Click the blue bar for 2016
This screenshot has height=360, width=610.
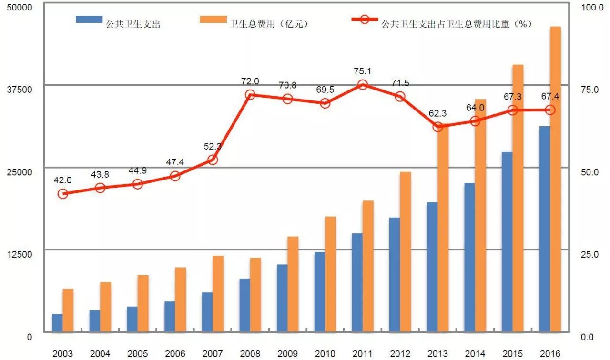click(544, 229)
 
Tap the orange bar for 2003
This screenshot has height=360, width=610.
click(68, 310)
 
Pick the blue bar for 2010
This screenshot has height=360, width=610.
click(320, 291)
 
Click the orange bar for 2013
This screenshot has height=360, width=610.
click(443, 229)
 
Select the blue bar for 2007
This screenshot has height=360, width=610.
click(207, 312)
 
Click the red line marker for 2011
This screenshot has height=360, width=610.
click(363, 85)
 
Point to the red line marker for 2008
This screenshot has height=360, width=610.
click(250, 95)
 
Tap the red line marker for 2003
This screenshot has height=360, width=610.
click(63, 194)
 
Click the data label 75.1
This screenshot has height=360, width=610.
click(363, 71)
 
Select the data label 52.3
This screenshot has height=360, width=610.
click(213, 147)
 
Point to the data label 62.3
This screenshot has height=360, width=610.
click(437, 113)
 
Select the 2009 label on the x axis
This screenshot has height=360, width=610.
click(287, 353)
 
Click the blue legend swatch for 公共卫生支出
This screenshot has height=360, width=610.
click(89, 20)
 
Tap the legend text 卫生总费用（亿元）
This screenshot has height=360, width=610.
click(269, 24)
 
